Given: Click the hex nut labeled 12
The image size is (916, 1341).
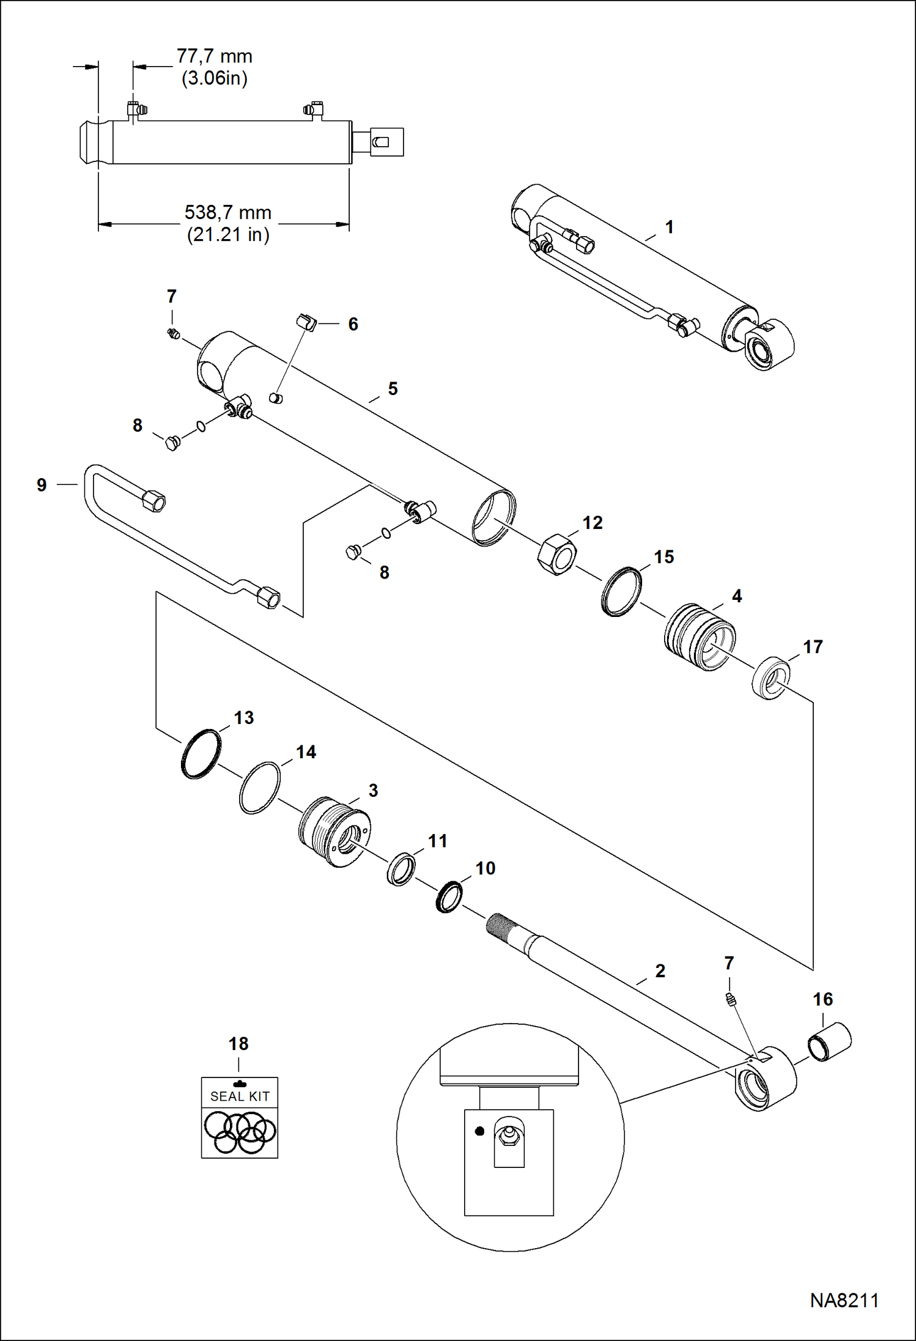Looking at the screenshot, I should [557, 554].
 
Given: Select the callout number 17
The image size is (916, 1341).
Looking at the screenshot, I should [812, 647].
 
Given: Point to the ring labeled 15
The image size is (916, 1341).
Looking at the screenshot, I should [621, 592].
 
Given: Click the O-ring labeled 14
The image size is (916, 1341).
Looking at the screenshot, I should [259, 788].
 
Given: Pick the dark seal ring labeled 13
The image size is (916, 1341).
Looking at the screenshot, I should [201, 754].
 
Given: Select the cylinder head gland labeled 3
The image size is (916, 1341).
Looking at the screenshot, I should [333, 831].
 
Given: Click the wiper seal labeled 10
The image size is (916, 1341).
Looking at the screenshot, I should [449, 896].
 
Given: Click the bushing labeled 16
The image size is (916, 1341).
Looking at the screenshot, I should [830, 1041].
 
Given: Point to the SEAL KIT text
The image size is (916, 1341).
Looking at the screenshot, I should [240, 1097].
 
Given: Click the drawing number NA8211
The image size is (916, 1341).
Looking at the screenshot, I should [844, 1301].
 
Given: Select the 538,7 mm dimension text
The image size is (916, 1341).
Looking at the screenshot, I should [227, 213].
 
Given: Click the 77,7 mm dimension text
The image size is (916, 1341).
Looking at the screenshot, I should [214, 56].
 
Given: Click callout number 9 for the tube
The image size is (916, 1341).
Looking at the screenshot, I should [42, 485].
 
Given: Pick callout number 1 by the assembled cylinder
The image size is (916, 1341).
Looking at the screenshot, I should [669, 227].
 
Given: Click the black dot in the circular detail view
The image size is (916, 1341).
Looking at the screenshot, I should [479, 1131].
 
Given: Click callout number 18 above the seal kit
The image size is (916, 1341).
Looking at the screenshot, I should [238, 1044].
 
